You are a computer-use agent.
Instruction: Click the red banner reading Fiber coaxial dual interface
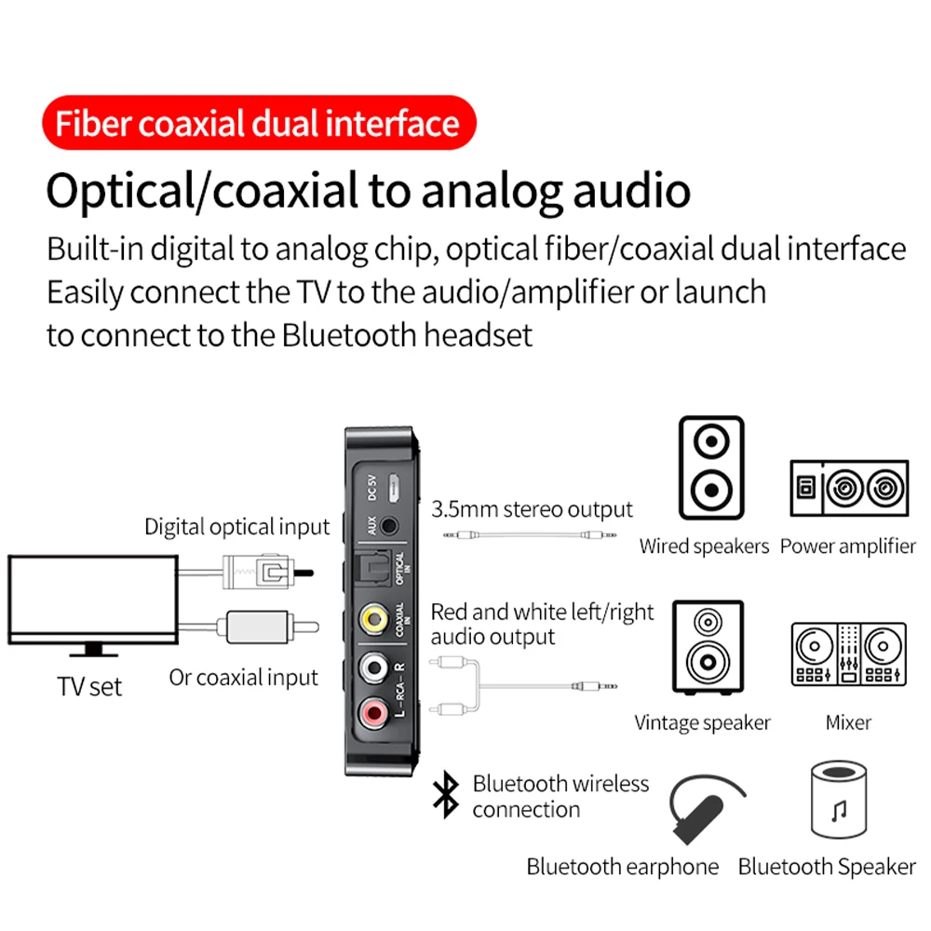click(257, 124)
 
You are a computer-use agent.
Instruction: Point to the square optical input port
click(372, 566)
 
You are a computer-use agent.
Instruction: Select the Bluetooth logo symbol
click(448, 796)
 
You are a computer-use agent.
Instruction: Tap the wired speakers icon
click(711, 467)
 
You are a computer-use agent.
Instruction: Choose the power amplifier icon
click(848, 489)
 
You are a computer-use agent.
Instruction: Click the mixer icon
click(848, 654)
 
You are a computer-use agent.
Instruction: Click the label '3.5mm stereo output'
click(532, 510)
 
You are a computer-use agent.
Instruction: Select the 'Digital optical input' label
click(236, 527)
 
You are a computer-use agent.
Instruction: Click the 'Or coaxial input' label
click(243, 678)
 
